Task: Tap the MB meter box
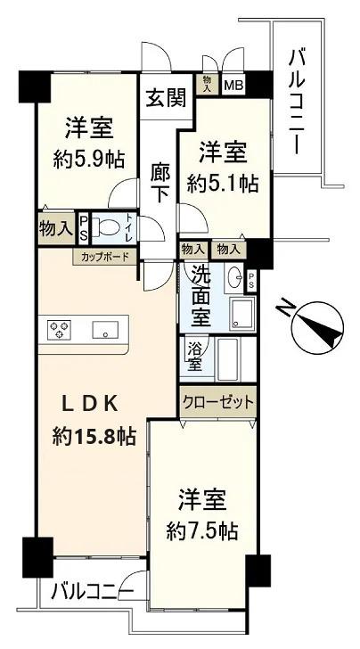tap(233, 86)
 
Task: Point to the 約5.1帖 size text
tap(223, 183)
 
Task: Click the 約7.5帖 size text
tap(202, 530)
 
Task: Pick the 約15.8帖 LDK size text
tap(94, 436)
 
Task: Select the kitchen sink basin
tap(105, 330)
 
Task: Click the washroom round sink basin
tap(234, 275)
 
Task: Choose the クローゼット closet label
tap(217, 401)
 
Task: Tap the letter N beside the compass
tap(284, 307)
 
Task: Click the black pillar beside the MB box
tap(259, 85)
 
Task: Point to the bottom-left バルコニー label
tap(92, 592)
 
